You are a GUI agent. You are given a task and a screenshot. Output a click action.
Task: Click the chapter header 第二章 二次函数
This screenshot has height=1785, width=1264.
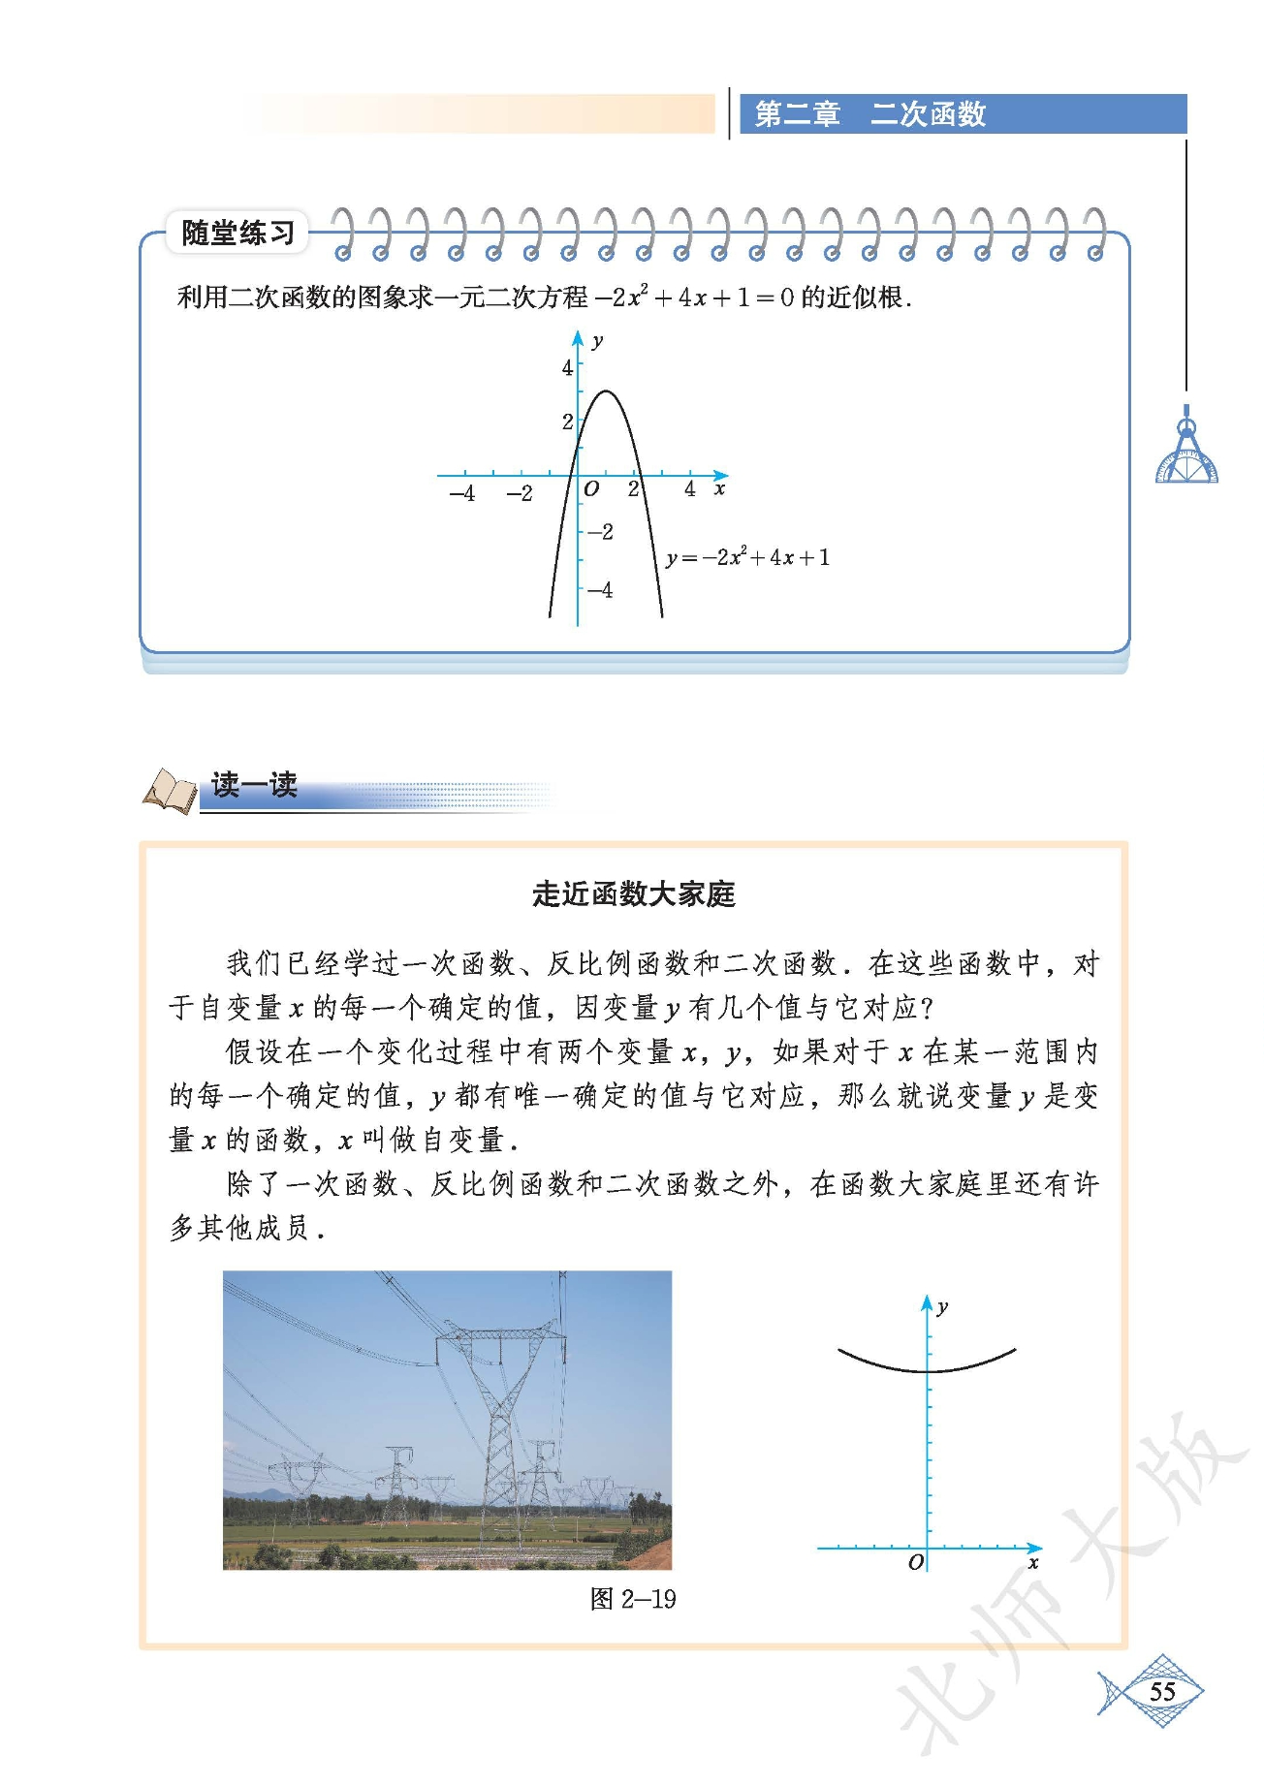pyautogui.click(x=869, y=114)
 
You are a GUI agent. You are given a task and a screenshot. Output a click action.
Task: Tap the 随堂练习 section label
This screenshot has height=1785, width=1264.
pyautogui.click(x=237, y=233)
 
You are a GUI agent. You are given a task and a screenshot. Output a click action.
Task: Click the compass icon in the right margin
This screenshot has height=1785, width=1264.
pyautogui.click(x=1186, y=451)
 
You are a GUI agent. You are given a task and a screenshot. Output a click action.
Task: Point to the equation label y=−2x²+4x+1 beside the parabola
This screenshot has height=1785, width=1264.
pyautogui.click(x=747, y=557)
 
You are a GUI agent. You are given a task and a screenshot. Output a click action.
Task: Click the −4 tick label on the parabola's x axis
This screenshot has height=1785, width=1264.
pyautogui.click(x=462, y=493)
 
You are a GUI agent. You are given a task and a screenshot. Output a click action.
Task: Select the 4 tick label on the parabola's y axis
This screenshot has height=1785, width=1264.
pyautogui.click(x=567, y=367)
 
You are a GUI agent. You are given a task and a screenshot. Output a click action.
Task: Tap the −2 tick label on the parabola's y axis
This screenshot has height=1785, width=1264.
pyautogui.click(x=601, y=532)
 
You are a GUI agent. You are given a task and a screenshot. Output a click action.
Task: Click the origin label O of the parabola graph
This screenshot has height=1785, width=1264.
pyautogui.click(x=591, y=489)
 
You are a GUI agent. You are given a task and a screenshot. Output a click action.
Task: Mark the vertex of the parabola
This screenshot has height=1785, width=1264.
pyautogui.click(x=606, y=391)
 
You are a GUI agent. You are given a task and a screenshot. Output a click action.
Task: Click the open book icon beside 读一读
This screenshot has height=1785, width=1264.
pyautogui.click(x=171, y=790)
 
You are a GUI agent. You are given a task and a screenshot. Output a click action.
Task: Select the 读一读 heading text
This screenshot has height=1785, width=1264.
pyautogui.click(x=254, y=784)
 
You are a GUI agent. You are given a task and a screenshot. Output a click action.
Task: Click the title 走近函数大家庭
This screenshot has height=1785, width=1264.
pyautogui.click(x=633, y=893)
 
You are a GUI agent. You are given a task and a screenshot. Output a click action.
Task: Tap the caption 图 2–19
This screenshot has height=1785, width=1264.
pyautogui.click(x=632, y=1598)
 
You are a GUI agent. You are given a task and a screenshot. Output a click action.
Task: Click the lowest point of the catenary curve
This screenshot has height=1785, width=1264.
pyautogui.click(x=928, y=1370)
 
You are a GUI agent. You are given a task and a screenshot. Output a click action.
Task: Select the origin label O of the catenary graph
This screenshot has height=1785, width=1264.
pyautogui.click(x=916, y=1561)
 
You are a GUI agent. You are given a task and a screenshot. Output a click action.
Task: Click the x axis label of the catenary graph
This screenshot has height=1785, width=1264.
pyautogui.click(x=1033, y=1562)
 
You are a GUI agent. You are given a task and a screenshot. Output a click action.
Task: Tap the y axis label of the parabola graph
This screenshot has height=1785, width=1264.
pyautogui.click(x=597, y=341)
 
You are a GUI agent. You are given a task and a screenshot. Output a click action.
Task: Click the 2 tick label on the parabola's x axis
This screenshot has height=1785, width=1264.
pyautogui.click(x=633, y=489)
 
